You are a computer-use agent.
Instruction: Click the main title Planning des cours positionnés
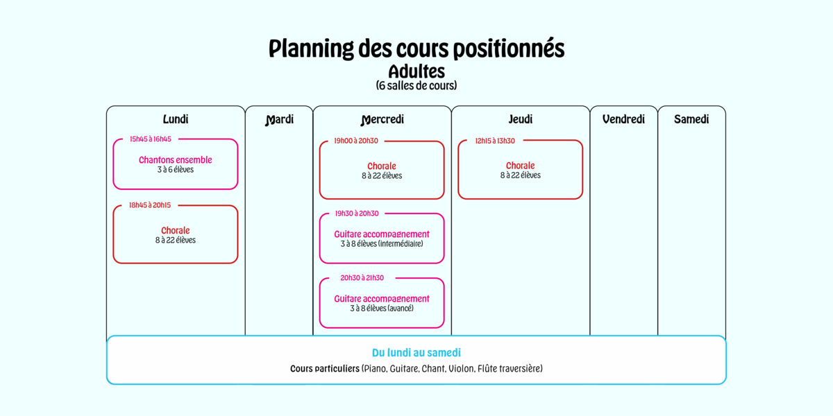pos(416,49)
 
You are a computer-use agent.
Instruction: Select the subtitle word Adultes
pos(416,71)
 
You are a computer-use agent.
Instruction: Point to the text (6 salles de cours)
pos(416,85)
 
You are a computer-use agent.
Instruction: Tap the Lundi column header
pos(176,119)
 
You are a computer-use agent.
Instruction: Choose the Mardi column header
pos(279,119)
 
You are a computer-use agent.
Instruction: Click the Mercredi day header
pos(382,119)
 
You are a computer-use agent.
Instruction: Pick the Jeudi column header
pos(520,119)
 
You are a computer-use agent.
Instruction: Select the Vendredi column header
pos(623,119)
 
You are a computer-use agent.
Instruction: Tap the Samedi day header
pos(691,119)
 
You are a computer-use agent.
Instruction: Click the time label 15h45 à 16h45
pos(151,139)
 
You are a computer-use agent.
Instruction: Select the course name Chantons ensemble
pos(175,160)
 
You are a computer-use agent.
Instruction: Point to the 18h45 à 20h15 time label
pos(150,205)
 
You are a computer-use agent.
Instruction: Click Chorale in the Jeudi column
pos(520,166)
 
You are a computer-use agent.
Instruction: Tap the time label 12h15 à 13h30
pos(495,141)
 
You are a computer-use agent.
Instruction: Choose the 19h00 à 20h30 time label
pos(356,141)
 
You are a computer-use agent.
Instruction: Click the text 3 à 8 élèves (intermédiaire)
pos(382,244)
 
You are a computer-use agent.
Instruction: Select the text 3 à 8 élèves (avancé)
pos(382,309)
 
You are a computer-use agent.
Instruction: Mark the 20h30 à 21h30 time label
pos(362,278)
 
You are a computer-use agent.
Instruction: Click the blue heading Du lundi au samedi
pos(416,352)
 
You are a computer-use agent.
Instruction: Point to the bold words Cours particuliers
pos(325,368)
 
